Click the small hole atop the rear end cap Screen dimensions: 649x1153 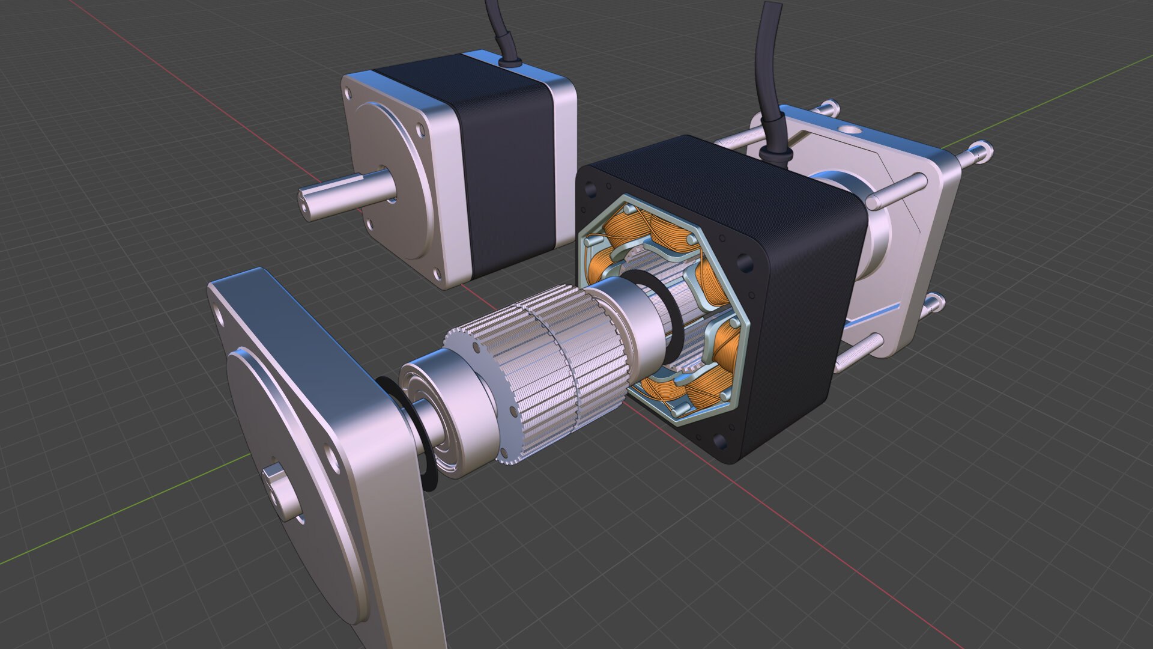coord(851,129)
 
